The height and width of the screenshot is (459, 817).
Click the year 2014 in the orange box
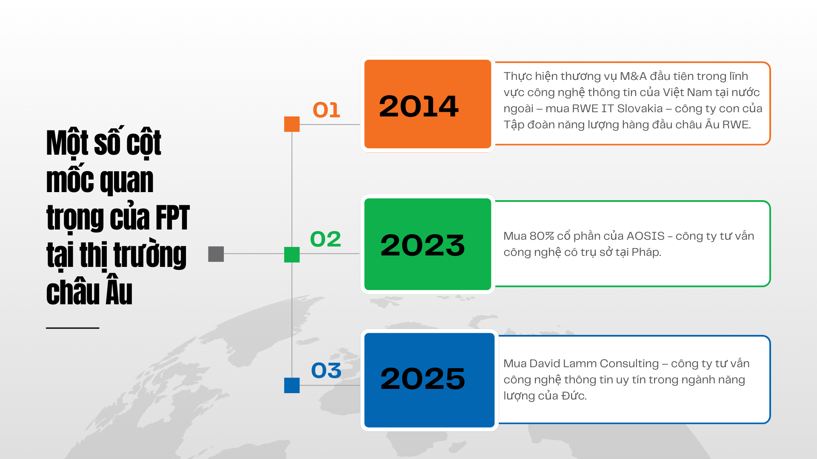[419, 106]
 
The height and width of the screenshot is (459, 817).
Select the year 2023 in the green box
[423, 245]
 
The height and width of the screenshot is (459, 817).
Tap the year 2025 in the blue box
[423, 378]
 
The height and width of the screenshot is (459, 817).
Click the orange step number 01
[326, 110]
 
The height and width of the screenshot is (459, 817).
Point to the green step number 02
[326, 239]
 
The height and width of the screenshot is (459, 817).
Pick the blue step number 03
[326, 370]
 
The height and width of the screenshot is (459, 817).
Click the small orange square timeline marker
[292, 124]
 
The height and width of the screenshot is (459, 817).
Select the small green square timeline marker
[292, 255]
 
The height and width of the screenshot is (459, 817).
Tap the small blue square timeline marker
[292, 385]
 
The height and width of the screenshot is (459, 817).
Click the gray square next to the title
[216, 254]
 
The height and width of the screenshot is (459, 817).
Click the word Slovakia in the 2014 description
[640, 109]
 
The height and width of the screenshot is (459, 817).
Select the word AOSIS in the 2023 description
[646, 236]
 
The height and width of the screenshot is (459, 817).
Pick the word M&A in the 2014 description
[633, 76]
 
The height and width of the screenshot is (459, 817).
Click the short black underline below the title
[73, 328]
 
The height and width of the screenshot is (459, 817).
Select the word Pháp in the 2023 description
[646, 252]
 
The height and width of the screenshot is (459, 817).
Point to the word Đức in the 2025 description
[574, 396]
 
